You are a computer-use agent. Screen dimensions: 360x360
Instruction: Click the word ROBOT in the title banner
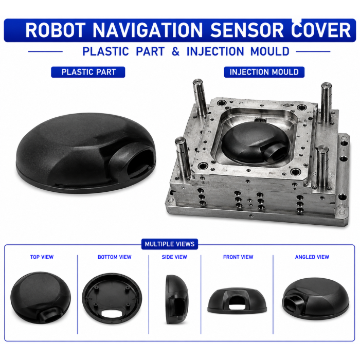coord(56,30)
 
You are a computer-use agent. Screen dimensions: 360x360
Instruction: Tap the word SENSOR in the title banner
coord(247,30)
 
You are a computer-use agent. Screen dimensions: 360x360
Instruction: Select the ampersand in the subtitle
coord(176,51)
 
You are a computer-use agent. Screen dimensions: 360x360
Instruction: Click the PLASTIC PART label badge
coord(88,72)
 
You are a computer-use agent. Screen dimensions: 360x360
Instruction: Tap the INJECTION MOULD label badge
coord(264,72)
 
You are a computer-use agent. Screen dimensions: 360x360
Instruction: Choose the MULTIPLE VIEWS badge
coord(170,244)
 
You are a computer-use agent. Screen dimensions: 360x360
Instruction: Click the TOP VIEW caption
coord(42,257)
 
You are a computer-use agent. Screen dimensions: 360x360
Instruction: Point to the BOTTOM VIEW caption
coord(115,257)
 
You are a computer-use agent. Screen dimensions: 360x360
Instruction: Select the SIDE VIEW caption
coord(174,257)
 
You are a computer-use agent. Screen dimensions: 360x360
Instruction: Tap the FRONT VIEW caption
coord(238,257)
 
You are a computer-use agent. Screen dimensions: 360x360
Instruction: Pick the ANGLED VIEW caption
coord(312,257)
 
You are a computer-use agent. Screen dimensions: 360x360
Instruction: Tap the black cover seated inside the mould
coord(255,142)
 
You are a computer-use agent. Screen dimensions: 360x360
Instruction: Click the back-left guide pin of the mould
coord(200,97)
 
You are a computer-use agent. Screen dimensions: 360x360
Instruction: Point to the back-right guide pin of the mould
coord(326,102)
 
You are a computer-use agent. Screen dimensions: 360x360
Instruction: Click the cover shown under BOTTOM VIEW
coord(112,298)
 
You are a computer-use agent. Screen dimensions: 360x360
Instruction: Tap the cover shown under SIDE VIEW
coord(177,299)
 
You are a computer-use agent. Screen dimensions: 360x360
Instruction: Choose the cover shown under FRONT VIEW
coord(237,300)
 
